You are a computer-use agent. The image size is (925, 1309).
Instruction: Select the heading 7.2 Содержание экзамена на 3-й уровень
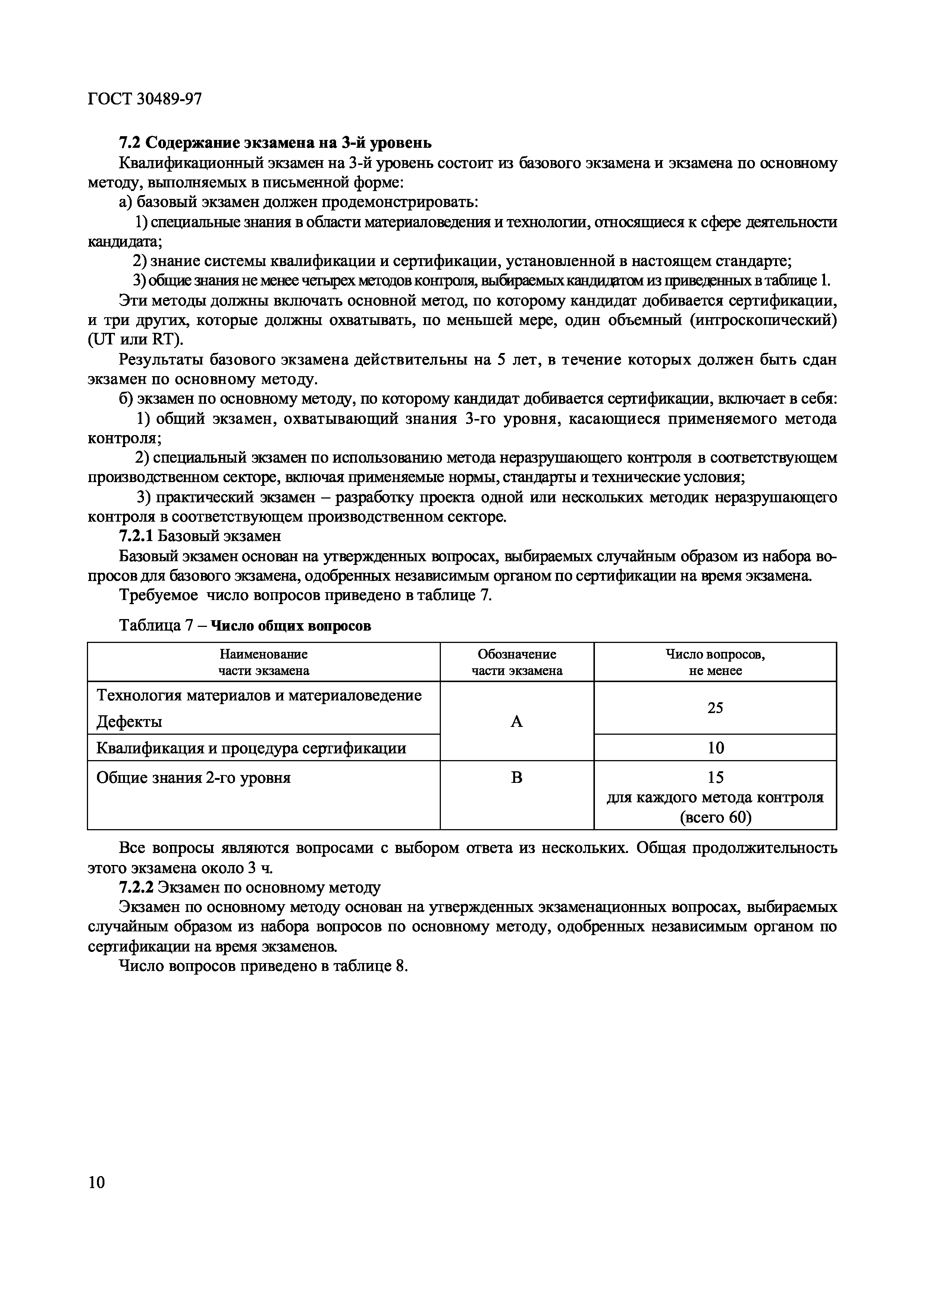[275, 143]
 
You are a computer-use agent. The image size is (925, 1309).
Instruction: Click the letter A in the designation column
[516, 722]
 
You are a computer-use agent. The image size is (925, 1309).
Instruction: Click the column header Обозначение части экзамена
[516, 662]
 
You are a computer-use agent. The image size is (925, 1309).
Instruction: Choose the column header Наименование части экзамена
[263, 662]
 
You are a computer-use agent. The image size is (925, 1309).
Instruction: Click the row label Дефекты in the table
[129, 722]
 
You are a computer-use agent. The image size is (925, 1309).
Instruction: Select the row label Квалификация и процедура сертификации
[251, 747]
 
